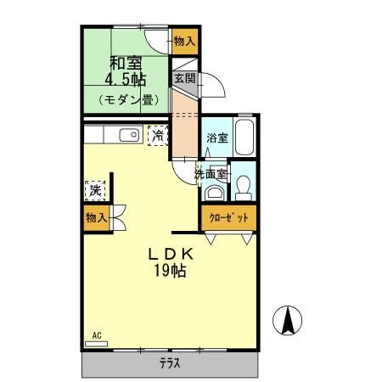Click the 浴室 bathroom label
(x=216, y=138)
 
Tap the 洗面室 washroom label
(x=211, y=174)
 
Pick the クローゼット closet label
(x=229, y=217)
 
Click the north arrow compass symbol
(x=289, y=320)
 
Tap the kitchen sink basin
(x=128, y=134)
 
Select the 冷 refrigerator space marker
(x=157, y=134)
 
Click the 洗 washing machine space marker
(x=95, y=188)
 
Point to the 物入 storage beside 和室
(x=185, y=40)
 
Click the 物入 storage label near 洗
(x=96, y=217)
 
